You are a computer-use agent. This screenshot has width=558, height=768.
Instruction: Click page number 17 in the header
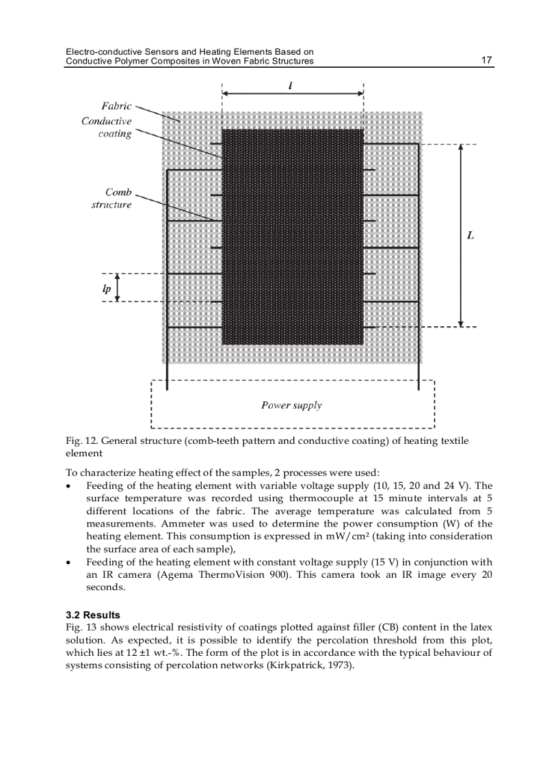pyautogui.click(x=486, y=60)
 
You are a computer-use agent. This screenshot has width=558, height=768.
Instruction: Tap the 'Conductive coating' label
pyautogui.click(x=107, y=127)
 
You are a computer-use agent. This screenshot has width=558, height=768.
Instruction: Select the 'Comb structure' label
pyautogui.click(x=112, y=198)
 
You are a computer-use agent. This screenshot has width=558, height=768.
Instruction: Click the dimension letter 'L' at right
pyautogui.click(x=470, y=235)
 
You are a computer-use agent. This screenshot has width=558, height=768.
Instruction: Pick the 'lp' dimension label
pyautogui.click(x=106, y=289)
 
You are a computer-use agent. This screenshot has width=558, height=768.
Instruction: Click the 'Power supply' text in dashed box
pyautogui.click(x=291, y=405)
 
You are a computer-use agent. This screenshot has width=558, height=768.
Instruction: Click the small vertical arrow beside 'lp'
pyautogui.click(x=118, y=287)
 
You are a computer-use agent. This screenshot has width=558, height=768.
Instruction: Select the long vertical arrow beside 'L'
pyautogui.click(x=461, y=235)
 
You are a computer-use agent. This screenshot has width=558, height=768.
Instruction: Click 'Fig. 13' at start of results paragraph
pyautogui.click(x=79, y=627)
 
